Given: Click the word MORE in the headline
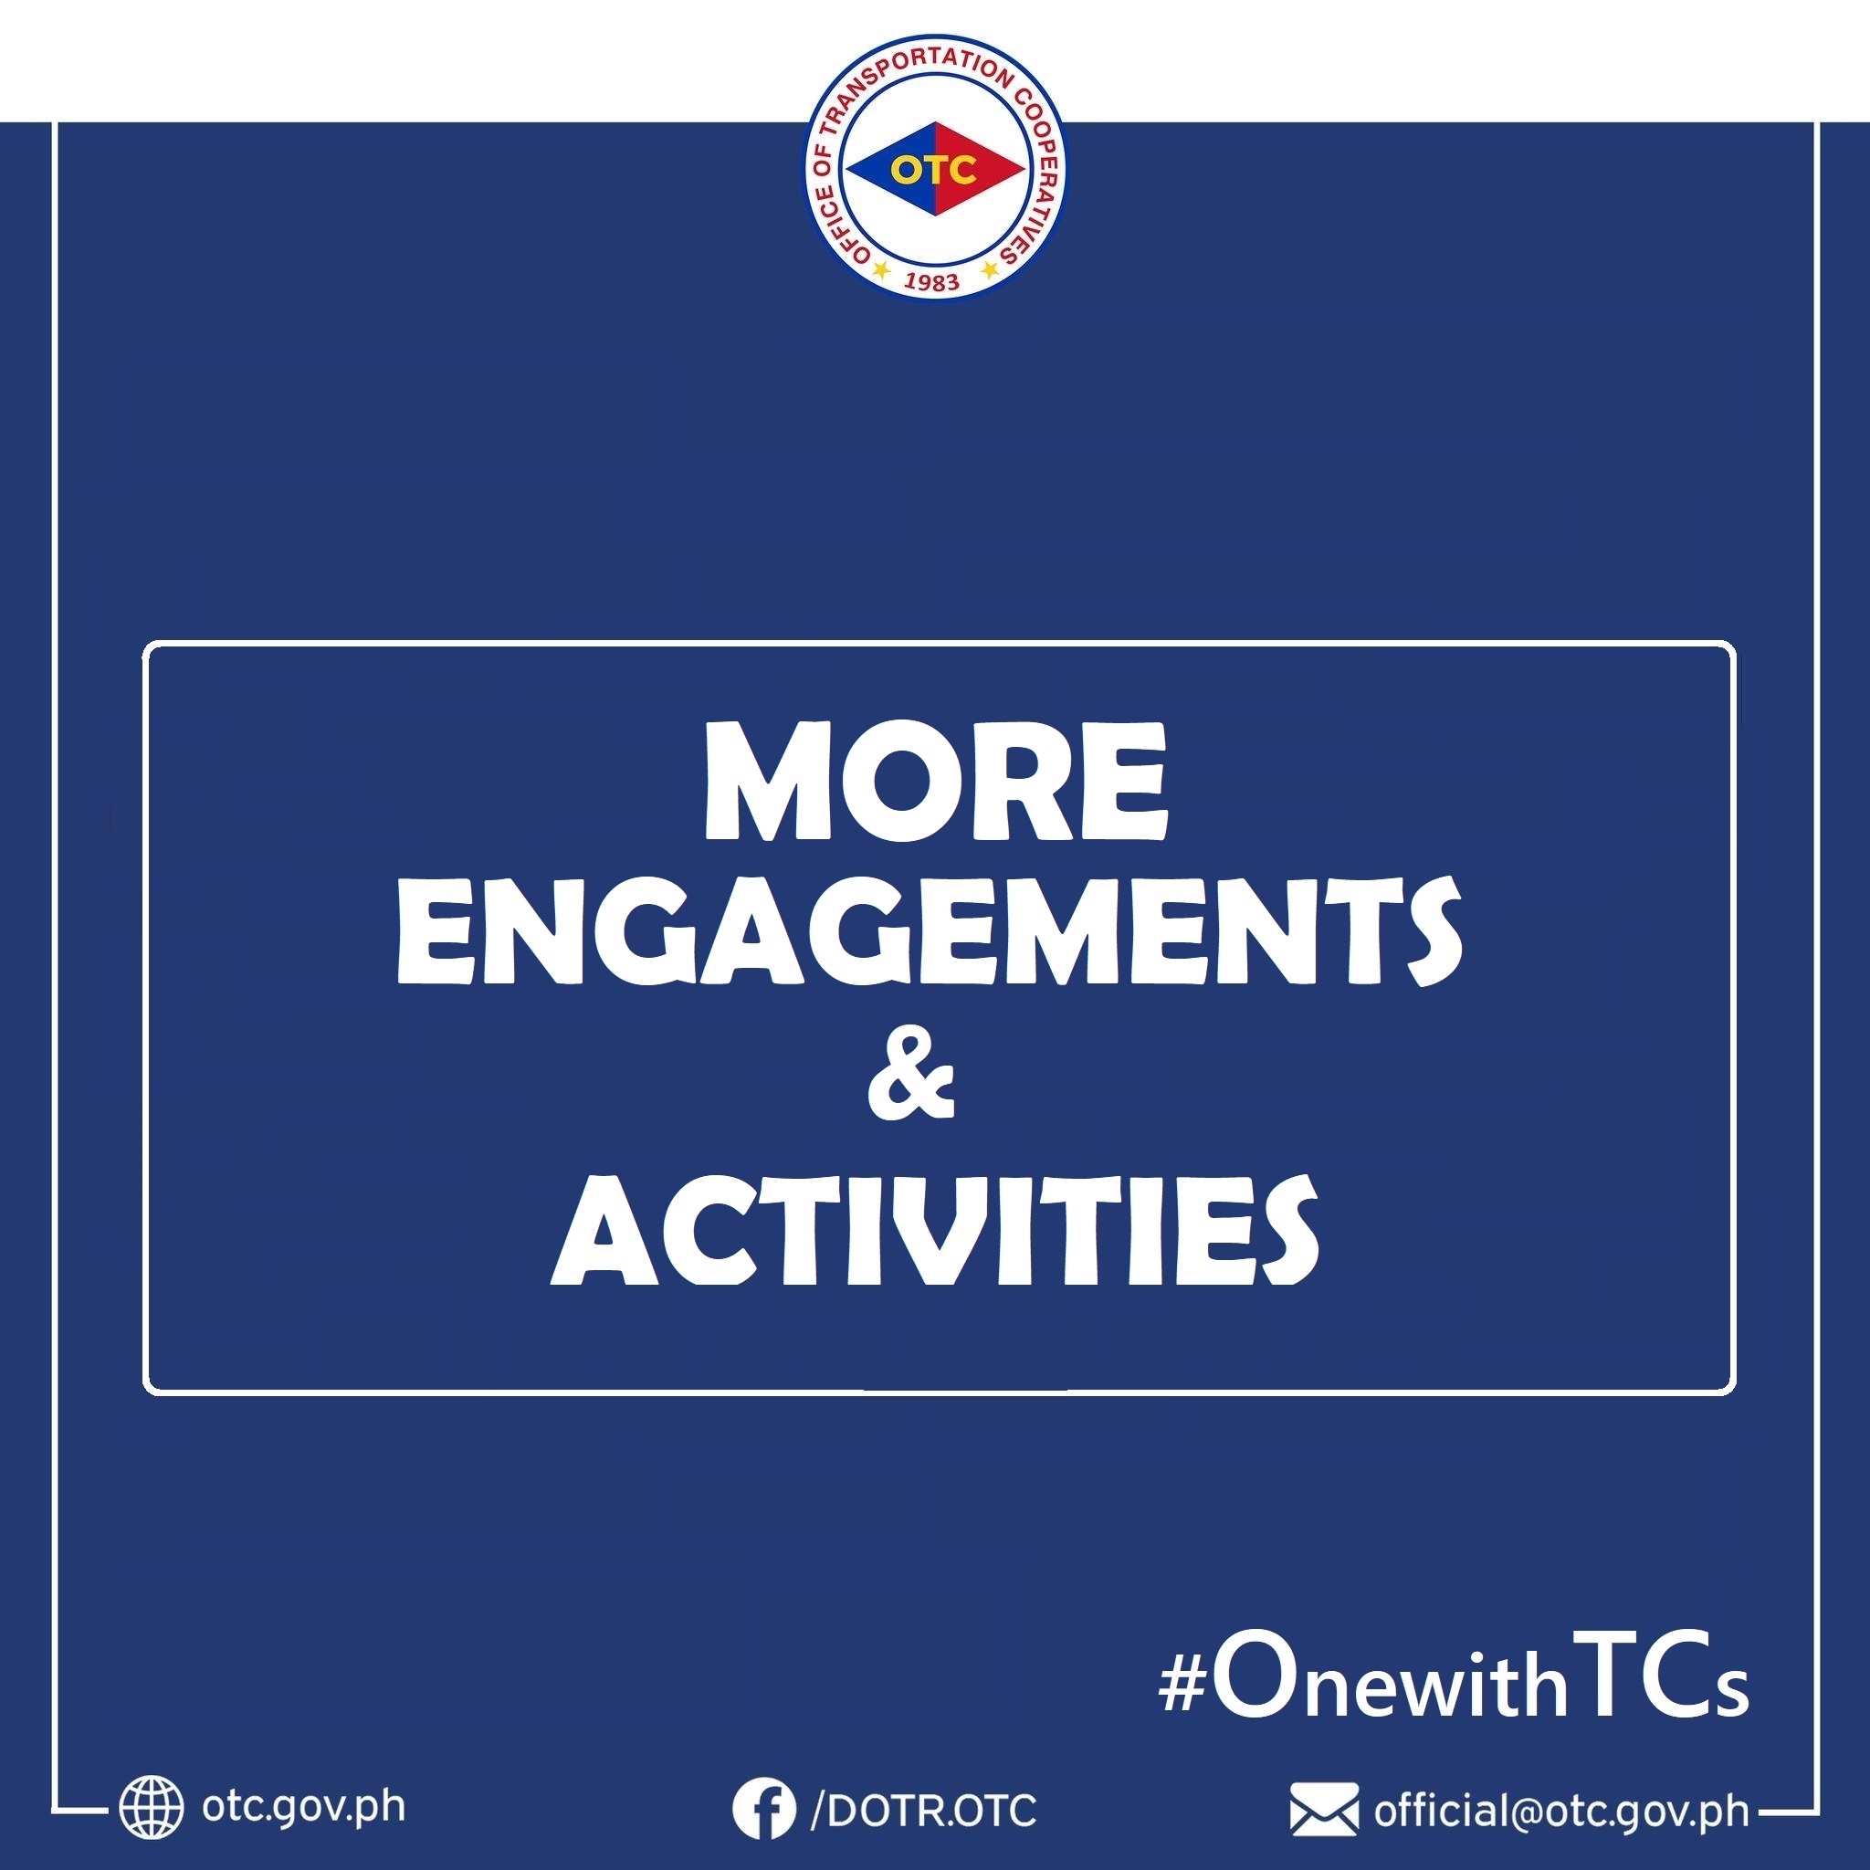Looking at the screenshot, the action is (935, 781).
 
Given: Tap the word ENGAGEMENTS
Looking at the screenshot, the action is (930, 931).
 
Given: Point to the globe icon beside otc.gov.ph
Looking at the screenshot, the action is (151, 1806).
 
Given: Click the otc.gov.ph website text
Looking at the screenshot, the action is (304, 1806).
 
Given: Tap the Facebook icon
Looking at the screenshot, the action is (763, 1807).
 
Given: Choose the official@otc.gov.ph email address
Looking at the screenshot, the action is (1561, 1810).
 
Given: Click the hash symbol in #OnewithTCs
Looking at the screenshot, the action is (1182, 1687).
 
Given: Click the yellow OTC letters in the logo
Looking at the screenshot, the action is (934, 171).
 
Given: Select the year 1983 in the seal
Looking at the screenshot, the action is (931, 281).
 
